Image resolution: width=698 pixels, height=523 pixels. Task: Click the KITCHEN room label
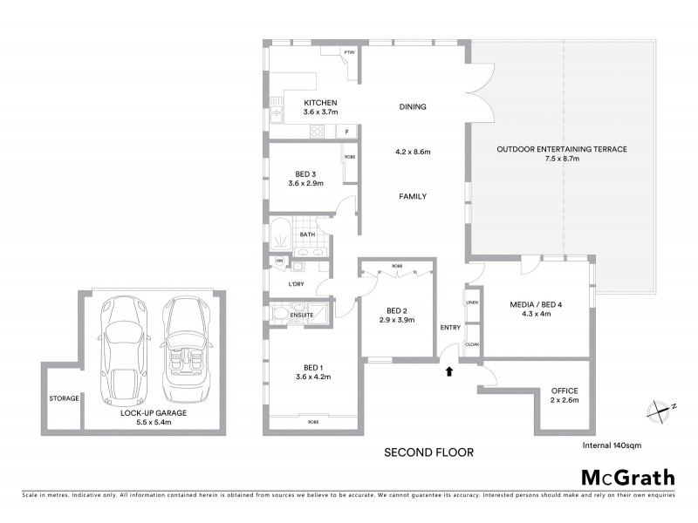295,102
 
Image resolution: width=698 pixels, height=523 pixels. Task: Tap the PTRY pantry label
349,53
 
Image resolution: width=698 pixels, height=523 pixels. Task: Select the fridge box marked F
347,132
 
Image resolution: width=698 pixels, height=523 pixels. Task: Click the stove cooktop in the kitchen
318,132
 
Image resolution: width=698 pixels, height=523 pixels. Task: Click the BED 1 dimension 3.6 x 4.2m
312,377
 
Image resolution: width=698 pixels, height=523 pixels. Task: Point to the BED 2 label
396,311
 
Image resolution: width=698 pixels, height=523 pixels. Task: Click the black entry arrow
450,371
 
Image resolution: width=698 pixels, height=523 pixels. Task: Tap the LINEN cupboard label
473,302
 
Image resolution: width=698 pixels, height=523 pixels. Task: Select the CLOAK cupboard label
473,344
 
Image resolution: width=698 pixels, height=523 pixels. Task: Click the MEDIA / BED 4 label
537,304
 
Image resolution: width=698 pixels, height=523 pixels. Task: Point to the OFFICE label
565,390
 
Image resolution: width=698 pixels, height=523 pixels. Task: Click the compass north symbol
660,408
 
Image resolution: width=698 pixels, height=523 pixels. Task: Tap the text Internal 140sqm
612,445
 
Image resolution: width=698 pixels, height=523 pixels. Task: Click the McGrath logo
627,477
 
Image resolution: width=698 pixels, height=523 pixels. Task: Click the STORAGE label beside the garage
64,398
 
